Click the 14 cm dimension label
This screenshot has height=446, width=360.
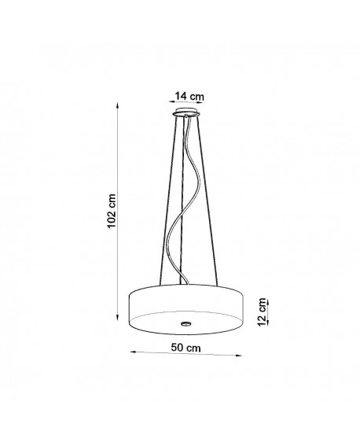tap(189, 96)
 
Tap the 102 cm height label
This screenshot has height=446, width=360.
tap(112, 211)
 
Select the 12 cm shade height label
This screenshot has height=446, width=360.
tap(263, 312)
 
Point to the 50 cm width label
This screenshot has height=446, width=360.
tap(186, 348)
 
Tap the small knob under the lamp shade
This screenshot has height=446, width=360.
tap(186, 323)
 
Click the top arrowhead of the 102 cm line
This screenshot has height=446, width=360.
tap(118, 106)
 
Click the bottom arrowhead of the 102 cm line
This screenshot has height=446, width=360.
tap(118, 317)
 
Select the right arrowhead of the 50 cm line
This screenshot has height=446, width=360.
tap(238, 355)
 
